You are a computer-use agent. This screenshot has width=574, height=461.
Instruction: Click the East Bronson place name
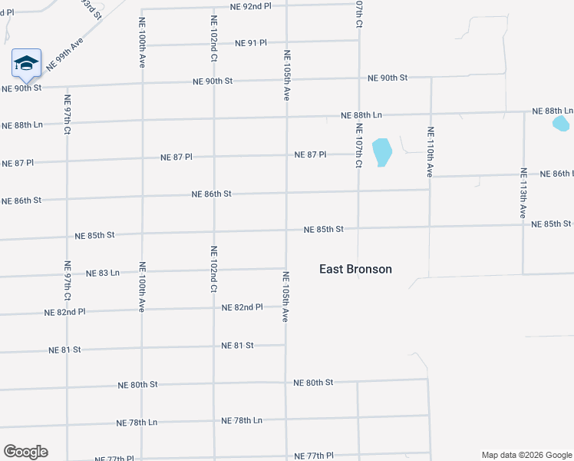tap(355, 269)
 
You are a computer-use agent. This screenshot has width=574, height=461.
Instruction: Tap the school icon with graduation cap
tap(26, 64)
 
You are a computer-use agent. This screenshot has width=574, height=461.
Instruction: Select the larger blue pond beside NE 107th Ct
tap(381, 151)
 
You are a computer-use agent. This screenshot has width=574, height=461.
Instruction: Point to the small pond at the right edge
tap(561, 123)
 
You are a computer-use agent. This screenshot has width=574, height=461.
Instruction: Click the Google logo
tap(25, 452)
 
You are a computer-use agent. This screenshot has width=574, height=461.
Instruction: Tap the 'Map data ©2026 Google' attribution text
tap(526, 455)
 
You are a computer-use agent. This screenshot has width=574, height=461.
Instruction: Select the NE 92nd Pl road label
tap(250, 6)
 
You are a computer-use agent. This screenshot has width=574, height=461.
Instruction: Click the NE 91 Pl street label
tap(251, 43)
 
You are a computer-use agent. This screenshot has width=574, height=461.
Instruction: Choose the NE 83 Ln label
tap(103, 273)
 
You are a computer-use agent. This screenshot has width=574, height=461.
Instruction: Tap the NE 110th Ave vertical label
tap(430, 152)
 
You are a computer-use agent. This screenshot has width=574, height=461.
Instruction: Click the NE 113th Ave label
tap(523, 194)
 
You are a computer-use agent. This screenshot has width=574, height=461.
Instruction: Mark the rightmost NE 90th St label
tap(388, 78)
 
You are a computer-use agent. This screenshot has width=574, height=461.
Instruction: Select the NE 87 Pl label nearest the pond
tap(310, 154)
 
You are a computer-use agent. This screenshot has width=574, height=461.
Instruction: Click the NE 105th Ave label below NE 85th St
tap(285, 296)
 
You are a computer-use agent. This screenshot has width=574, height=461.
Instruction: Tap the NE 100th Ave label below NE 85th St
tap(142, 287)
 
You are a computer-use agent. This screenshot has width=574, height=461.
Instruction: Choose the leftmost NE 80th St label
tap(138, 384)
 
